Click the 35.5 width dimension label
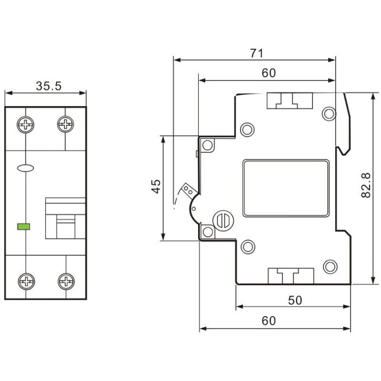(48, 85)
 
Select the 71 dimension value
(256, 53)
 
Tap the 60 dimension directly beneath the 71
(268, 73)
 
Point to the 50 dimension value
(294, 300)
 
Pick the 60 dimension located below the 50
(268, 321)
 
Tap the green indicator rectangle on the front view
(24, 225)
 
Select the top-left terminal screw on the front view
(26, 126)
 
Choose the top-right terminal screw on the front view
(66, 126)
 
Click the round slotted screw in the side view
(223, 220)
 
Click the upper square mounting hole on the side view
(208, 145)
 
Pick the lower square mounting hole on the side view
(208, 232)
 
